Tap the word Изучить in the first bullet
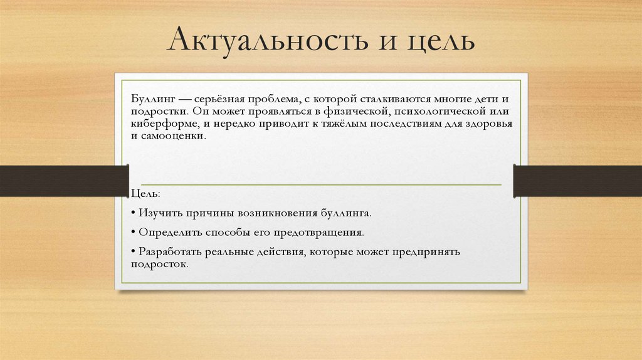(x=160, y=213)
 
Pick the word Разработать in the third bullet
(x=170, y=251)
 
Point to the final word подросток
(x=159, y=264)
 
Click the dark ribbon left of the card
(x=63, y=181)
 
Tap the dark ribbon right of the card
(x=577, y=181)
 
